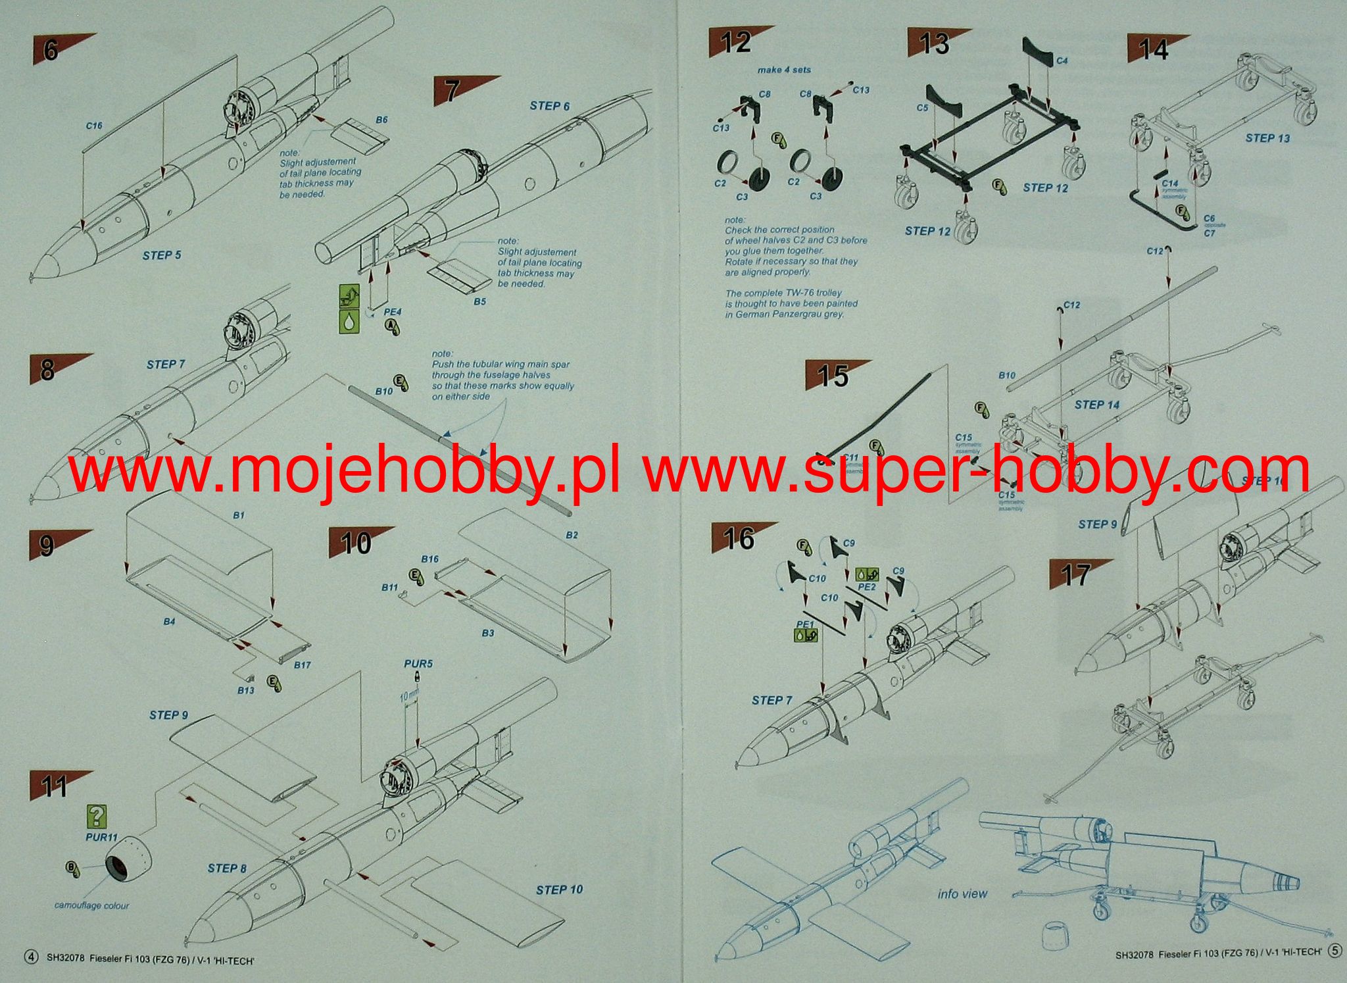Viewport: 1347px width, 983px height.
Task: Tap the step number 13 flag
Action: pos(934,44)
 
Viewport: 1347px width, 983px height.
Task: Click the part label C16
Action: pos(94,126)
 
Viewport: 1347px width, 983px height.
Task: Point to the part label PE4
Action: pos(393,312)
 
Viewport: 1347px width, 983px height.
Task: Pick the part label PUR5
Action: pos(418,664)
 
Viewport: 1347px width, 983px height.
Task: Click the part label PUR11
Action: pos(101,838)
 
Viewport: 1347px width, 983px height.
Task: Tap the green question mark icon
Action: pos(97,817)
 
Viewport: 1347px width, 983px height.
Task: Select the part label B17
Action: pos(303,665)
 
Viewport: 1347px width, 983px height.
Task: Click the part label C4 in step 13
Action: pos(1062,61)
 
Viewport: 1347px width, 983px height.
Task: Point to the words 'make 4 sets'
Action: pos(784,70)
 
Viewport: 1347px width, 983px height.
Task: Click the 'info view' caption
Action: pos(962,894)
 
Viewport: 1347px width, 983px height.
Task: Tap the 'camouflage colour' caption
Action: pos(91,905)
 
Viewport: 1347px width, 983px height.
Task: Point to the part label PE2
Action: pos(867,586)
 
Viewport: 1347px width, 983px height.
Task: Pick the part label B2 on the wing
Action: pos(572,535)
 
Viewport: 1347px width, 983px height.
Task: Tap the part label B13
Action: pos(246,690)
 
